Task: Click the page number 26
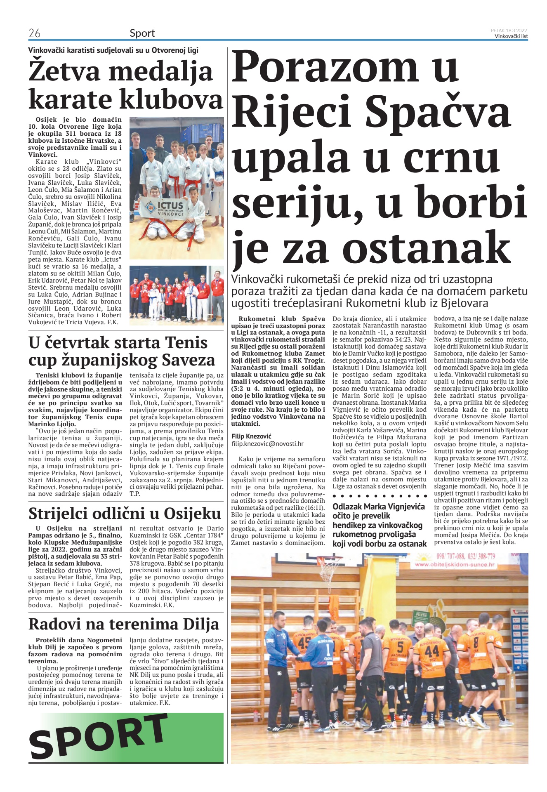tap(34, 33)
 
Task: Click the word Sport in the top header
tap(142, 33)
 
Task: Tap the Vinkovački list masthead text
tap(511, 36)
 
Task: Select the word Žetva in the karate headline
tap(64, 71)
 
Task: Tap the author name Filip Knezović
tap(251, 436)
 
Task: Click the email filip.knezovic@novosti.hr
tap(267, 444)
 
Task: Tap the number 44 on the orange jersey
tap(432, 651)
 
